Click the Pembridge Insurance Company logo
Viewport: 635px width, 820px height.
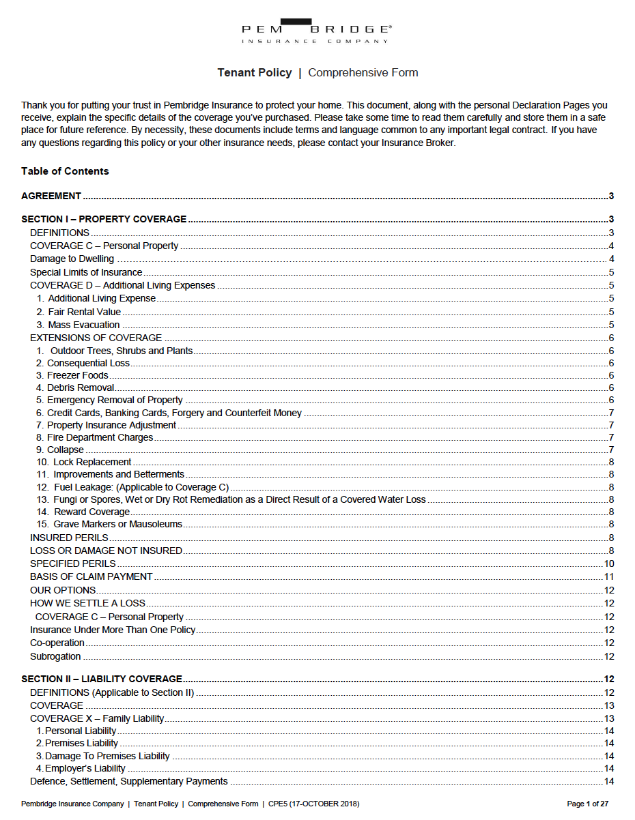point(317,31)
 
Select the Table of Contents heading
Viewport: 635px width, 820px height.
point(65,171)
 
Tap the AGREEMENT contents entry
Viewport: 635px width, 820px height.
point(51,196)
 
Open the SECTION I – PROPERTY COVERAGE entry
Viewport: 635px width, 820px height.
point(104,220)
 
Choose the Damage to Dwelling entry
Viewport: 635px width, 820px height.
point(72,259)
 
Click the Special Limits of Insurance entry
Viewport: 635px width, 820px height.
point(86,273)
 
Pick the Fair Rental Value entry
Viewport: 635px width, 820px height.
point(84,312)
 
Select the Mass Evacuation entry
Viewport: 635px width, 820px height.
point(83,325)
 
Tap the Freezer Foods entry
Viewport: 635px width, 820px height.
point(77,376)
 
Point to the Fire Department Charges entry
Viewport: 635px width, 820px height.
point(100,438)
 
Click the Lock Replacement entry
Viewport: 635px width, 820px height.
point(92,463)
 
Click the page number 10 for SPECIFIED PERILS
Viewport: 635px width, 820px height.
point(609,564)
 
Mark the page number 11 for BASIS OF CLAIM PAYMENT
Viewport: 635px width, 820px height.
point(609,577)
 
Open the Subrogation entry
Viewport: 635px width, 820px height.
point(55,657)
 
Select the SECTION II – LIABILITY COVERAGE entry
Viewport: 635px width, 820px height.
point(102,679)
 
